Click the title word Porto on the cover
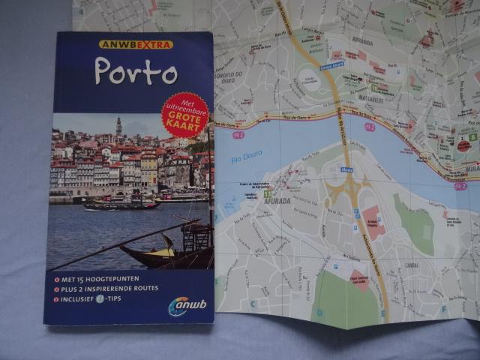(x=135, y=72)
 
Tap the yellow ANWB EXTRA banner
(x=136, y=44)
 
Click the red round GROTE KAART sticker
(x=185, y=115)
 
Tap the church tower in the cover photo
(x=118, y=125)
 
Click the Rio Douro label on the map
(x=247, y=157)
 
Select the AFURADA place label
(x=278, y=200)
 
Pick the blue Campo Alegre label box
(x=331, y=64)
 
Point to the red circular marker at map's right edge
(x=464, y=146)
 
